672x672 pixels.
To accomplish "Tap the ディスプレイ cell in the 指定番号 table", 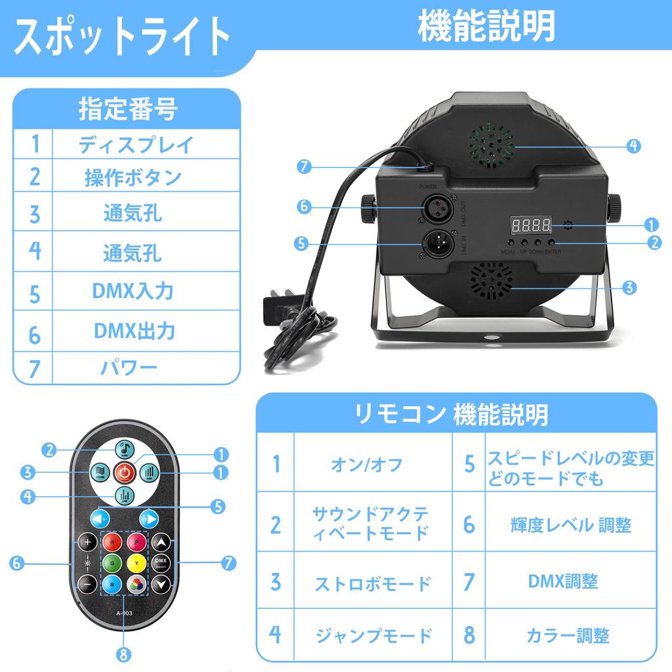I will click(136, 144).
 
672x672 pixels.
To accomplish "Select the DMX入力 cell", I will click(136, 291).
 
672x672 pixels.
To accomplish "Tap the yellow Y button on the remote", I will click(135, 562).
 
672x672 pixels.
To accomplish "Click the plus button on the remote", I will click(87, 543).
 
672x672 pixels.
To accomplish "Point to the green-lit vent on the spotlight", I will click(492, 145).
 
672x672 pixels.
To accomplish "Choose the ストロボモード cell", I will click(373, 582).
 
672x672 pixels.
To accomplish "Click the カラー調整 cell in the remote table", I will click(568, 635).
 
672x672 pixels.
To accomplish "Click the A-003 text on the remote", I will click(125, 614).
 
